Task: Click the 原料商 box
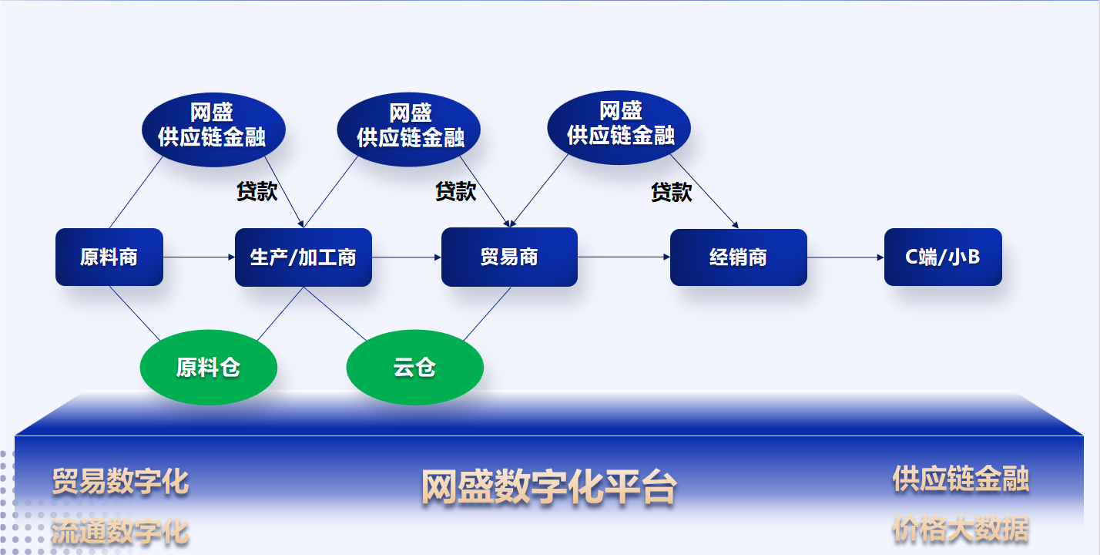coord(109,257)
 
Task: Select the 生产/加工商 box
coord(304,257)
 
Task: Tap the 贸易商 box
coord(509,257)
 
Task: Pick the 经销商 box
coord(739,257)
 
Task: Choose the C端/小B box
coord(943,257)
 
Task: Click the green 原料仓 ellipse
coord(209,367)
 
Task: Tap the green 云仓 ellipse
coord(415,367)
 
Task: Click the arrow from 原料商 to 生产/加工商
coord(199,257)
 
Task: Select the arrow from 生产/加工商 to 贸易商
coord(407,257)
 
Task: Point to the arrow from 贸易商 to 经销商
coord(624,257)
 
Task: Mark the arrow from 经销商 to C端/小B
coord(846,257)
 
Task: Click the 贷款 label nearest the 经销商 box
coord(671,192)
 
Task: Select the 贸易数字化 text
coord(120,481)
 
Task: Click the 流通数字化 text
coord(120,531)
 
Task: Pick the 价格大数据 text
coord(961,529)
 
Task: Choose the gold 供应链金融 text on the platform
coord(961,479)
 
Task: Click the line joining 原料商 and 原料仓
coord(135,314)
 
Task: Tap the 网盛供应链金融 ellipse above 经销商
coord(619,127)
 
